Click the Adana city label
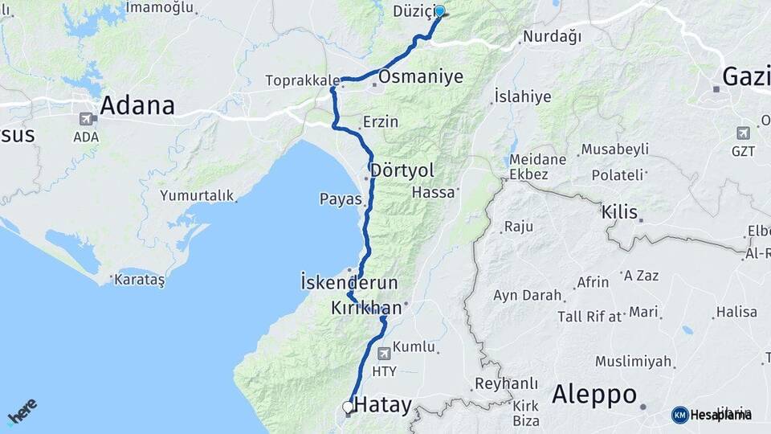pyautogui.click(x=137, y=105)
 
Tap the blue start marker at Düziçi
pyautogui.click(x=439, y=11)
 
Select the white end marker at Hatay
pyautogui.click(x=348, y=407)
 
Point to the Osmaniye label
pyautogui.click(x=421, y=77)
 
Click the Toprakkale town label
pyautogui.click(x=301, y=80)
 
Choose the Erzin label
pyautogui.click(x=380, y=122)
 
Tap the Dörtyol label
pyautogui.click(x=402, y=171)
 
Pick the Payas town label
pyautogui.click(x=341, y=199)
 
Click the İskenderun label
pyautogui.click(x=349, y=283)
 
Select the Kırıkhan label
pyautogui.click(x=366, y=308)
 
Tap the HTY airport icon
pyautogui.click(x=384, y=353)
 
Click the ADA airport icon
pyautogui.click(x=86, y=119)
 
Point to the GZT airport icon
pyautogui.click(x=743, y=133)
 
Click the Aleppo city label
pyautogui.click(x=594, y=395)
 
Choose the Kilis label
pyautogui.click(x=620, y=213)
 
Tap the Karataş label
pyautogui.click(x=139, y=280)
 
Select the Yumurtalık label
pyautogui.click(x=197, y=195)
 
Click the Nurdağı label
pyautogui.click(x=552, y=36)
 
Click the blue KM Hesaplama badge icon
pyautogui.click(x=679, y=415)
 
